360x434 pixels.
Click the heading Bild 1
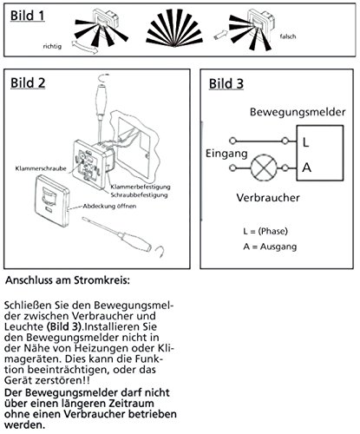click(x=28, y=16)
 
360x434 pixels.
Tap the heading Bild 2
click(x=28, y=83)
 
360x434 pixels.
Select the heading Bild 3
click(x=226, y=84)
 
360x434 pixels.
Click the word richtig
click(x=52, y=46)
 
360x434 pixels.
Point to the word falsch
click(x=288, y=36)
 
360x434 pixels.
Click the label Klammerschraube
click(x=41, y=168)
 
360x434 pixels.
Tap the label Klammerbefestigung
click(x=141, y=187)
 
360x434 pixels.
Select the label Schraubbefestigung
click(x=139, y=195)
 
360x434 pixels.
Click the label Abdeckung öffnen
click(x=109, y=207)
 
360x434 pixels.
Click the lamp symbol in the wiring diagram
click(x=264, y=168)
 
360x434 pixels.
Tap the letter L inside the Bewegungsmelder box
click(x=305, y=142)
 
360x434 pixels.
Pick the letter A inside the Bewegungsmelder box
click(x=306, y=168)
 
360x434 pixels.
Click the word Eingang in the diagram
click(x=226, y=154)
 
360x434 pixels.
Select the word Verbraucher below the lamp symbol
click(x=268, y=198)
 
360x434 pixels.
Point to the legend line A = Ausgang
click(x=270, y=247)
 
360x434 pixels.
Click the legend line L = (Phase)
click(x=265, y=231)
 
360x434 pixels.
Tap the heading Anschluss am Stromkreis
click(x=68, y=280)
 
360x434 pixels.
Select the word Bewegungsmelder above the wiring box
click(x=298, y=112)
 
